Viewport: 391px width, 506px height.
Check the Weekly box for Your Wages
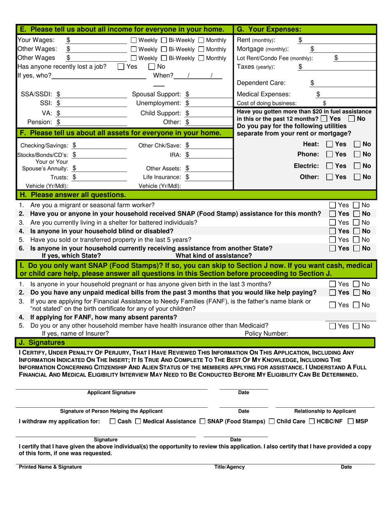134,40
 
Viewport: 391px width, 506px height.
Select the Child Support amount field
210,113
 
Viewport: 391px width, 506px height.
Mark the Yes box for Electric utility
330,166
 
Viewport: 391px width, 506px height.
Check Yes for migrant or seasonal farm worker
333,205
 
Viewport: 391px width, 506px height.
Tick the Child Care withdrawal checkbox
272,421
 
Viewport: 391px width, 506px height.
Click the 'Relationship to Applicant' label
325,411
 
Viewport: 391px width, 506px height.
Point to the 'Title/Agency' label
229,467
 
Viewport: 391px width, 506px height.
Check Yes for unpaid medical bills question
333,292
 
